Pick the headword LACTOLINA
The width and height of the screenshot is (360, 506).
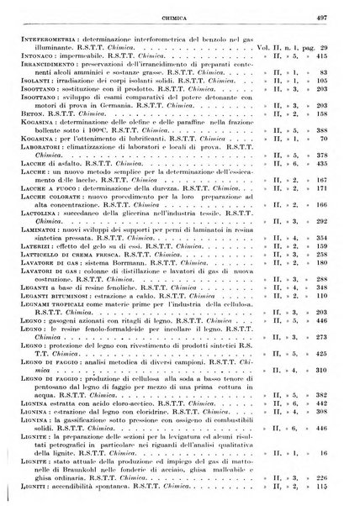pyautogui.click(x=26, y=238)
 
